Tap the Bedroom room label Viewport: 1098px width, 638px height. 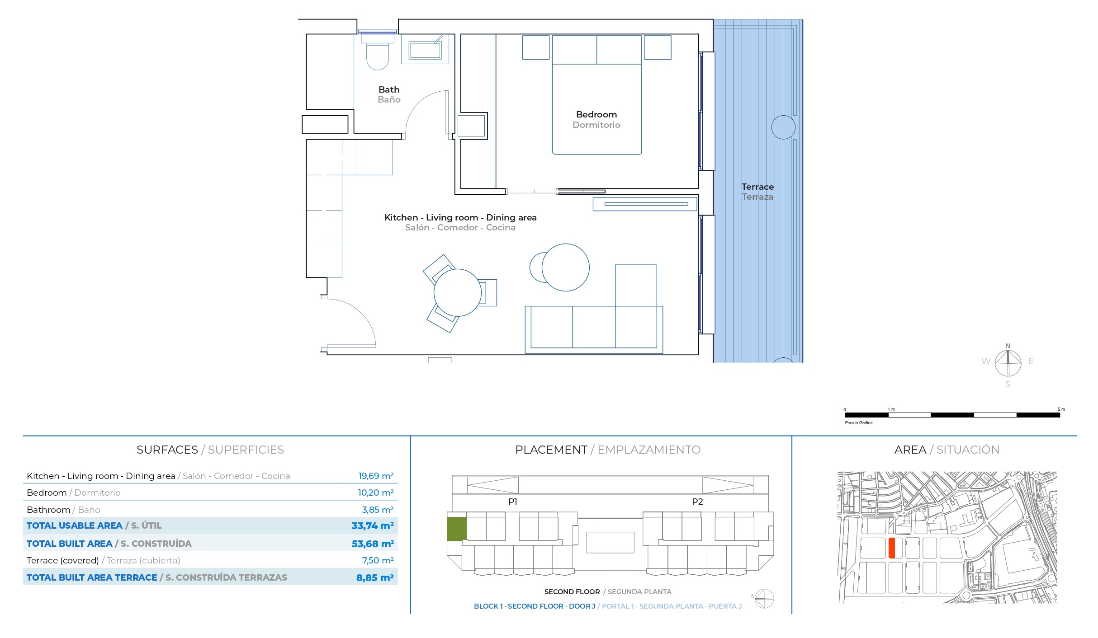[x=596, y=115]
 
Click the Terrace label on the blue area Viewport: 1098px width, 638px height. [x=757, y=187]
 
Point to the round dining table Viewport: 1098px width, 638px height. [x=457, y=293]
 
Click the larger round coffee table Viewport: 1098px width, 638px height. [x=565, y=267]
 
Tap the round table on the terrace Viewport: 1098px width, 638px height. [x=783, y=127]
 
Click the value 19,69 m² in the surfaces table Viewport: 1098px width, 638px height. [x=375, y=476]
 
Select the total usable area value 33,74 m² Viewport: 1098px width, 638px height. [x=372, y=526]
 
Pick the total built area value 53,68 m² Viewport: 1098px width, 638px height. [x=372, y=544]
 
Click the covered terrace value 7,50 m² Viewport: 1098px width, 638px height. [x=377, y=561]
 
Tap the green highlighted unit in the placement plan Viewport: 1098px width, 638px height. [x=457, y=529]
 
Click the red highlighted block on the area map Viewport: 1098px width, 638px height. [x=892, y=548]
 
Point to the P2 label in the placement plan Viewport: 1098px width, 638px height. [x=697, y=502]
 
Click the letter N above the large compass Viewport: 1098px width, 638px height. [x=1007, y=346]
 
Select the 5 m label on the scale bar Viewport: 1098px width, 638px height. [x=1060, y=409]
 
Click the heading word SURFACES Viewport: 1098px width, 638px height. [x=167, y=450]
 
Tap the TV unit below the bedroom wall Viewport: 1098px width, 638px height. [x=645, y=204]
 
